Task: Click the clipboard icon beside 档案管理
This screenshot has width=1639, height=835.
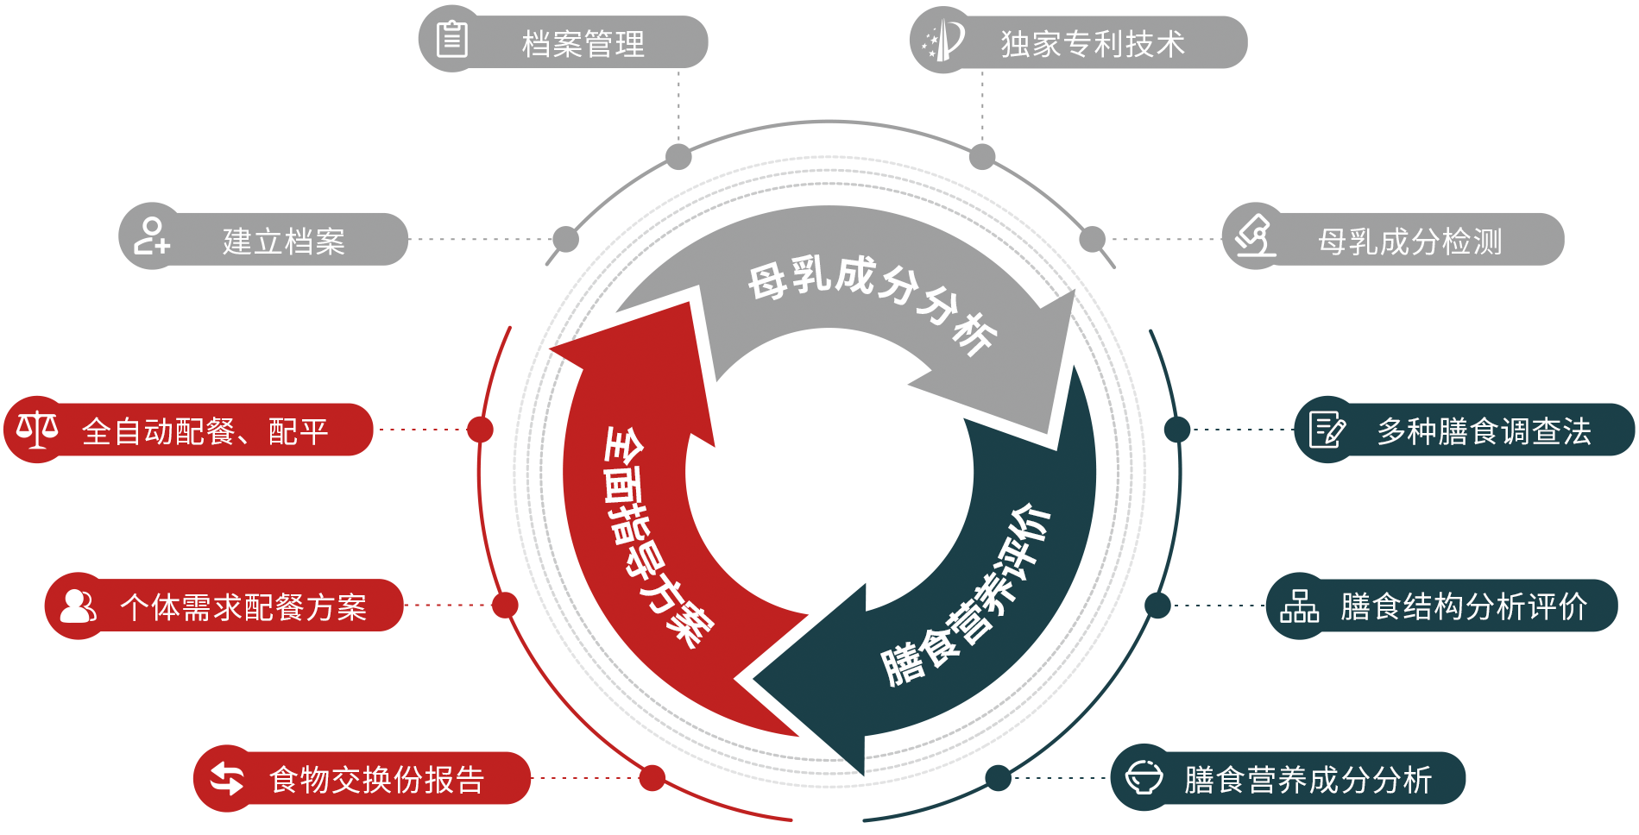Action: point(451,40)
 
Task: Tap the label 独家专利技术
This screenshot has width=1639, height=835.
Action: point(1093,43)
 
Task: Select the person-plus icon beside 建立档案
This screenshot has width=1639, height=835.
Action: point(151,236)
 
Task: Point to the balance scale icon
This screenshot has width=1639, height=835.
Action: point(37,429)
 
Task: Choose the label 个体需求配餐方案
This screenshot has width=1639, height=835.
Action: point(243,607)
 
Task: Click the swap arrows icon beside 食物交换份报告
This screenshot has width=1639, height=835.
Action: point(226,778)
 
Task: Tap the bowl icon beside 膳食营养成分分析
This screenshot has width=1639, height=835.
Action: point(1144,778)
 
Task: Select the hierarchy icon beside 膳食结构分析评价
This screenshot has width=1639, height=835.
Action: point(1299,606)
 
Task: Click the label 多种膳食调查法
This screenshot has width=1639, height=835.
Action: point(1484,431)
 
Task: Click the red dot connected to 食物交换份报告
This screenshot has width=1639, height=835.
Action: point(652,778)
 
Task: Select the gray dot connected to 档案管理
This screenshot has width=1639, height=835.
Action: point(679,157)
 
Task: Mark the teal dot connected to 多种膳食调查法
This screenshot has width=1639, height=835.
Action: point(1177,430)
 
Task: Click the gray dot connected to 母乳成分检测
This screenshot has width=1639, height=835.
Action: point(1093,239)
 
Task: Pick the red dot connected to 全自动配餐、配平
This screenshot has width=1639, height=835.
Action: point(480,430)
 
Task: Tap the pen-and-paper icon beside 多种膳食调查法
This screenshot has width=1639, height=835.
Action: point(1327,430)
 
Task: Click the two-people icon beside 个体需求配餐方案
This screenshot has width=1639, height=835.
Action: point(78,606)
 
